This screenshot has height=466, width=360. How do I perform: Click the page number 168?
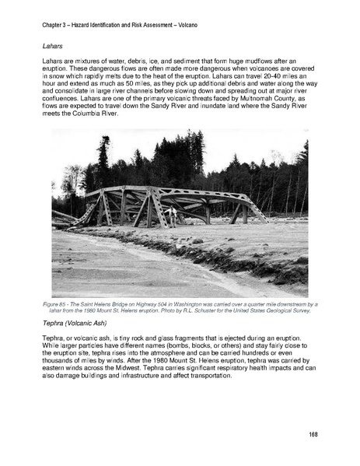(313, 433)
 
